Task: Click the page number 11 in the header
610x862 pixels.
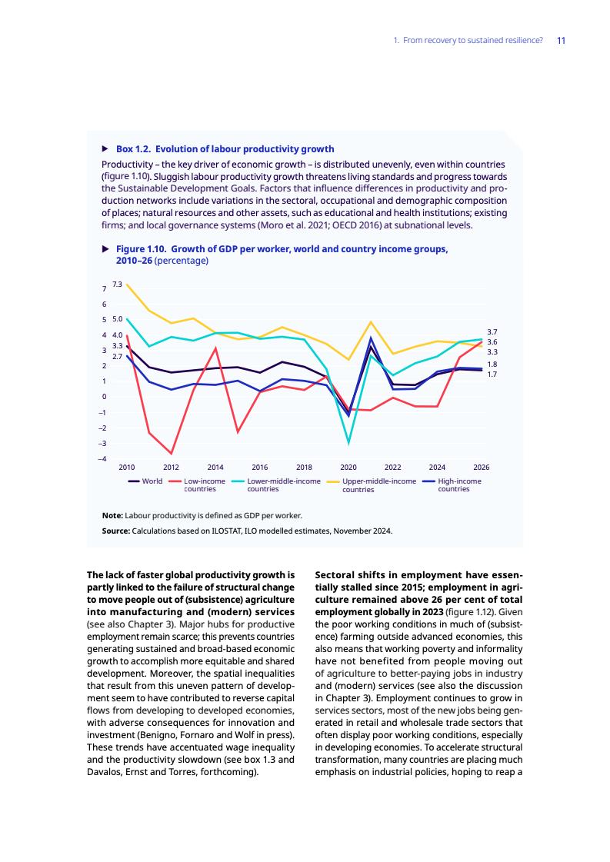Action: click(x=562, y=40)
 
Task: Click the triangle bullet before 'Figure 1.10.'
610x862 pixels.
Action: click(x=105, y=249)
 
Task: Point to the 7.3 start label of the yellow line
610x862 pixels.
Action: click(x=117, y=285)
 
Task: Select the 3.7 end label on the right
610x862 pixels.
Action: click(x=492, y=331)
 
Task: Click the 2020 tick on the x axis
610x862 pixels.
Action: click(x=348, y=467)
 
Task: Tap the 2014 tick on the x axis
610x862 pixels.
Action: click(x=215, y=467)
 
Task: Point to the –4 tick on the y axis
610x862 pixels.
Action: click(x=105, y=460)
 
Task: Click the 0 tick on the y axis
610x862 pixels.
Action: click(x=105, y=397)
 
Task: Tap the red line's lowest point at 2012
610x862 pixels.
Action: click(x=172, y=454)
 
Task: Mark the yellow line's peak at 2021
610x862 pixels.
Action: click(x=371, y=322)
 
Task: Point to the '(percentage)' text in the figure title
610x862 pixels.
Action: click(x=182, y=261)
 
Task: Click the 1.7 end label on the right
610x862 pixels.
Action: click(x=492, y=374)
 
